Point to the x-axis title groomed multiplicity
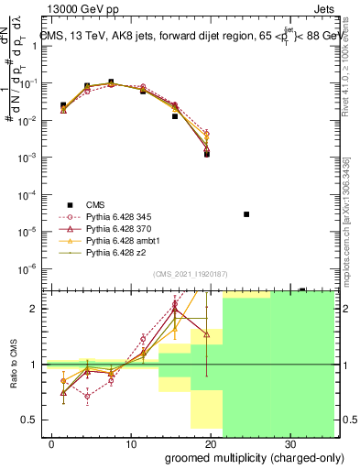coord(243,455)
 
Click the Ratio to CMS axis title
coord(14,365)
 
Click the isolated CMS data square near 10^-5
coord(246,214)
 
